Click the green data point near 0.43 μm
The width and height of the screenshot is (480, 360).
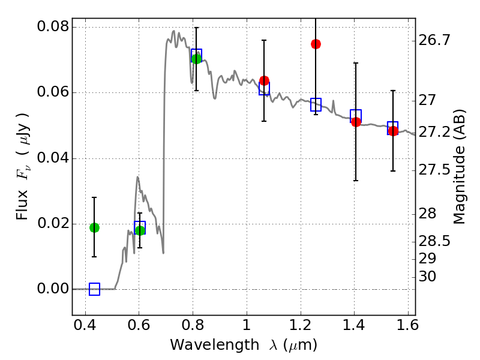[x=94, y=227]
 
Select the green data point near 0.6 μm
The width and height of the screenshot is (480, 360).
[x=140, y=230]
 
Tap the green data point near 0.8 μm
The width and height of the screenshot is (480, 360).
[x=196, y=58]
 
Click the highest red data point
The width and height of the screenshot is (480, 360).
[x=316, y=44]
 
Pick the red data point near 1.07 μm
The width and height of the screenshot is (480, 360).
[x=264, y=80]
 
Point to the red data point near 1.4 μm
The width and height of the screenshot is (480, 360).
[x=356, y=122]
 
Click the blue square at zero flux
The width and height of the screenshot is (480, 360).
[x=94, y=289]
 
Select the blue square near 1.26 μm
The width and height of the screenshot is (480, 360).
[x=316, y=104]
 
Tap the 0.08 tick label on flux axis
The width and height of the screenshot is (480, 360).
[x=52, y=27]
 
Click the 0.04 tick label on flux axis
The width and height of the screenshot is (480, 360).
[x=52, y=158]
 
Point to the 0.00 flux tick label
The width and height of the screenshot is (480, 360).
[x=52, y=289]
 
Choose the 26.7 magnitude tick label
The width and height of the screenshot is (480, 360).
[x=435, y=40]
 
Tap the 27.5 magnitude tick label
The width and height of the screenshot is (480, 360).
[x=435, y=170]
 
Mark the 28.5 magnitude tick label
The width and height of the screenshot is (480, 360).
[x=435, y=241]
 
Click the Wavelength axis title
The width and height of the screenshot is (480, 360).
[x=243, y=345]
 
